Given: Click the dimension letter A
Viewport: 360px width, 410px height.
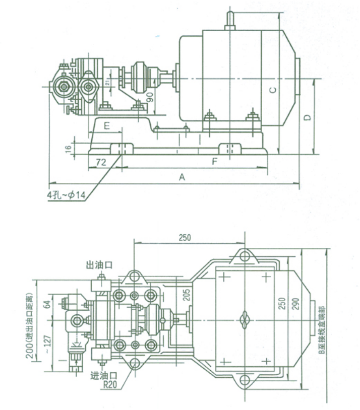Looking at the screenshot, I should [x=183, y=177].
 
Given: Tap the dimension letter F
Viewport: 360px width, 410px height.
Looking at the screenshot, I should [x=215, y=162].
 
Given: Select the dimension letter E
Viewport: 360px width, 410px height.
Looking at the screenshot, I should [x=107, y=126].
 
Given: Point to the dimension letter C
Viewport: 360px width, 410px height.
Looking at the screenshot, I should [x=272, y=90].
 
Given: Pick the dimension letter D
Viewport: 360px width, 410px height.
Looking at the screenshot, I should [x=308, y=117].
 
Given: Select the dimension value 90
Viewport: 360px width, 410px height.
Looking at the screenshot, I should [x=149, y=97].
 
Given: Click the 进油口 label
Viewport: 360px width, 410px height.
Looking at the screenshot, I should [x=103, y=375].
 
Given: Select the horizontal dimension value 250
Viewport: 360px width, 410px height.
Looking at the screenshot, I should [x=185, y=238].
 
